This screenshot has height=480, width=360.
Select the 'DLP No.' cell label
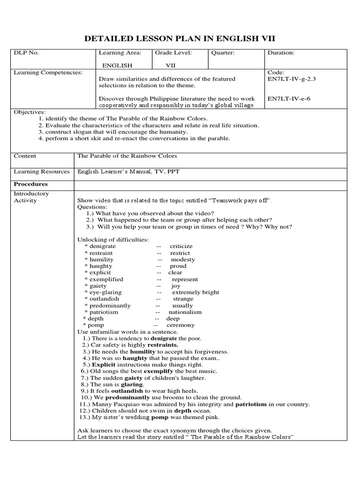pos(26,53)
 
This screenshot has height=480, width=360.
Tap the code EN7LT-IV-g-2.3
pos(292,79)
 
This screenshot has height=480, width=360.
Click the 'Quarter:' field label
pos(223,53)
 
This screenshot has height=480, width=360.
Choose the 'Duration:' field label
pos(281,53)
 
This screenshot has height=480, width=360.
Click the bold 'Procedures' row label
pos(31,184)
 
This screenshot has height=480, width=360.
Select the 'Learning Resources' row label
pos(42,172)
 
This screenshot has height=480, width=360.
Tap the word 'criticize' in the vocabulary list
pos(181,246)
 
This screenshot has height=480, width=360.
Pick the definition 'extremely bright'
pos(195,292)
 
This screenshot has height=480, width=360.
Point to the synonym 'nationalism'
pos(185,312)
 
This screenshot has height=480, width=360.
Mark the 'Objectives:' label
pos(30,112)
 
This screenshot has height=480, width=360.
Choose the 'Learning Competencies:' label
pos(48,73)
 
